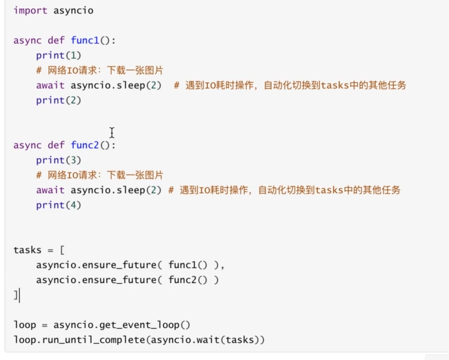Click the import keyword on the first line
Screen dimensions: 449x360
(x=31, y=11)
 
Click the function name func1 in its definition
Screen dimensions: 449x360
(x=85, y=40)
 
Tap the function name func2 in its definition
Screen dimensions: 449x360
(x=85, y=145)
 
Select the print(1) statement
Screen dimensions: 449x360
(x=59, y=55)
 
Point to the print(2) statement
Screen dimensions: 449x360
(x=59, y=100)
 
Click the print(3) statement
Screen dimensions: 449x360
(x=59, y=160)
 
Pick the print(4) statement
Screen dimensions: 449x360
(x=59, y=205)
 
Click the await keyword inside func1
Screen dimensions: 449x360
(x=50, y=85)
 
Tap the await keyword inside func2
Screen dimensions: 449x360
(x=50, y=190)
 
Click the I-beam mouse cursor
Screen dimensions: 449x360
(x=112, y=133)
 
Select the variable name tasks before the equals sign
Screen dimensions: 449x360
(x=27, y=250)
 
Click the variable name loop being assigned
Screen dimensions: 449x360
(x=24, y=325)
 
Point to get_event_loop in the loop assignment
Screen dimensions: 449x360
(x=139, y=325)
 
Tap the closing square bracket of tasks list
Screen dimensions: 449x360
(x=16, y=295)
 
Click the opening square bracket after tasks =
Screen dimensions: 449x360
(x=62, y=250)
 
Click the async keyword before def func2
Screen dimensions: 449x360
(x=27, y=145)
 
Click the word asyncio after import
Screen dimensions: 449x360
(x=73, y=11)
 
